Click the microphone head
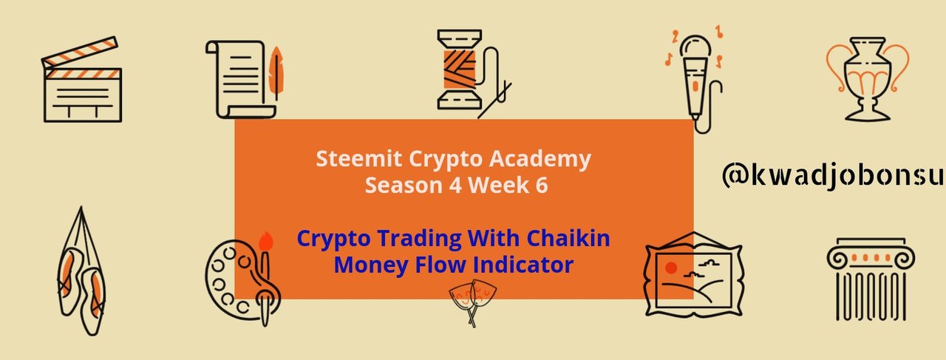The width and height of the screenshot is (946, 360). coord(695,47)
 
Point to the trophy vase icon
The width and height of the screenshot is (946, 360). coord(868,78)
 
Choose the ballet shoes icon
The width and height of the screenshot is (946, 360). coord(81,271)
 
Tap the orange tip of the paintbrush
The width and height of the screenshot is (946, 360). coord(265,241)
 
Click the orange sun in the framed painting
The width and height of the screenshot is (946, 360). coord(671,268)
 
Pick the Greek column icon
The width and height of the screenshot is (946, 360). coord(871,279)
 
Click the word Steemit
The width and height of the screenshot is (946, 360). coord(359,159)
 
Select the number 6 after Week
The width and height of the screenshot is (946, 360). coord(542,185)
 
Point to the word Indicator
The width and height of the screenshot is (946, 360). coord(523,265)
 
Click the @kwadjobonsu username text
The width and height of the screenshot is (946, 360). coord(832,175)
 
